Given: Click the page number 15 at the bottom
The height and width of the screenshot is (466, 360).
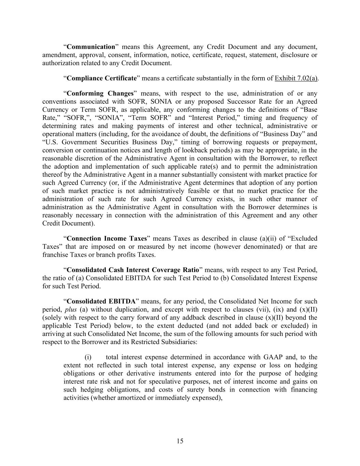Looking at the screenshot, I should coord(180,441).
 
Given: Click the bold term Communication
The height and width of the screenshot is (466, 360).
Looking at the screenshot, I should coord(91,47).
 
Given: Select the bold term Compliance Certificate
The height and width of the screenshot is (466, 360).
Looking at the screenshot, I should coord(102,78).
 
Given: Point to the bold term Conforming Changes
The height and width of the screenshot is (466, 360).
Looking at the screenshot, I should coord(100,93).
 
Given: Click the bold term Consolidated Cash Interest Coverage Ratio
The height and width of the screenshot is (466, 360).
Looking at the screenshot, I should coord(133,270).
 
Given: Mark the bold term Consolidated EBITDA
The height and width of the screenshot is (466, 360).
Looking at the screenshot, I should coord(101,301).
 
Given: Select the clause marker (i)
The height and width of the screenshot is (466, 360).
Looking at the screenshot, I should coord(88,357).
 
